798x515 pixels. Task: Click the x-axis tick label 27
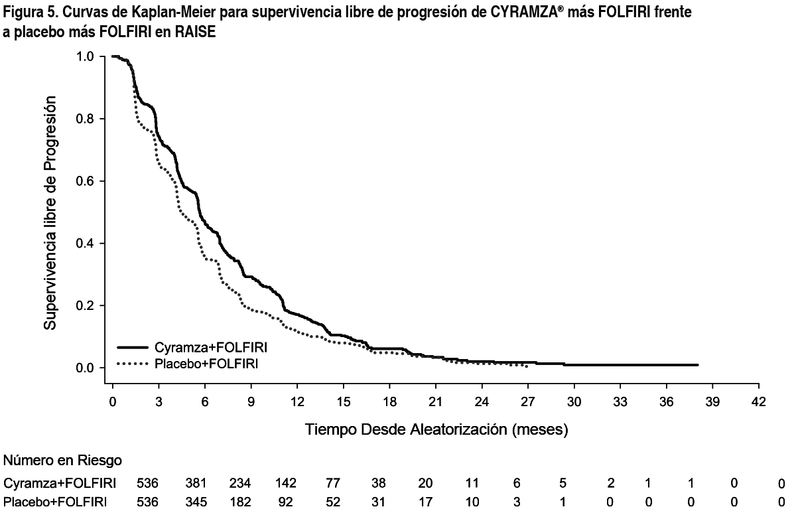(527, 402)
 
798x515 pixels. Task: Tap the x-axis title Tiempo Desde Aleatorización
(436, 429)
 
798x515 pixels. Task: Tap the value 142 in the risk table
(287, 483)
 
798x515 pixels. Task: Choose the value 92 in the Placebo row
(287, 501)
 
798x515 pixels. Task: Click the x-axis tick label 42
(758, 402)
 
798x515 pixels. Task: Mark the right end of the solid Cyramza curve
(698, 365)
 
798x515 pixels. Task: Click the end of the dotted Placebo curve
(527, 366)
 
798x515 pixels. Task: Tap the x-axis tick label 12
(297, 402)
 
